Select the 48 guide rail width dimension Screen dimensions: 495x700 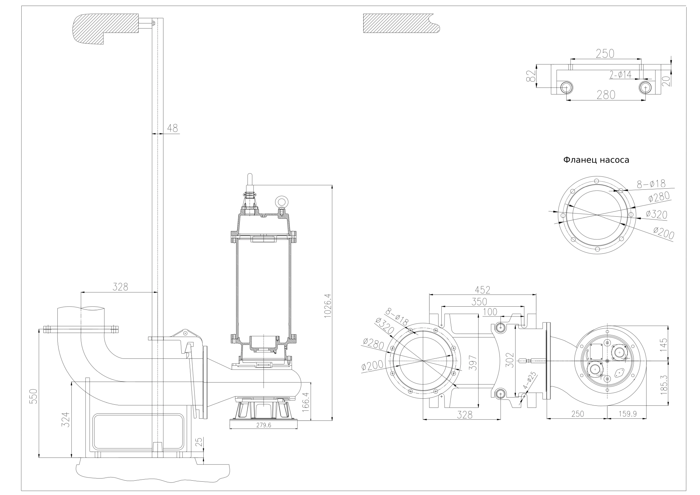(172, 128)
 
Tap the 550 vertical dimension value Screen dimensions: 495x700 (33, 396)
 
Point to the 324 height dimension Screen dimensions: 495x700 (66, 420)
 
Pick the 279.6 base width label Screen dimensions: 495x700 (263, 425)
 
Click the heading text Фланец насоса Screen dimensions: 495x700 (596, 160)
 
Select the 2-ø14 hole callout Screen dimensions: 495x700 (621, 75)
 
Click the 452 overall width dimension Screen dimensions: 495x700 (483, 290)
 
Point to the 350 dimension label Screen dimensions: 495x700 (479, 301)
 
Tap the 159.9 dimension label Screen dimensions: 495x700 (627, 414)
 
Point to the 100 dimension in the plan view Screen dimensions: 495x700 (490, 312)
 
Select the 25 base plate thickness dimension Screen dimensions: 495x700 (199, 442)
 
